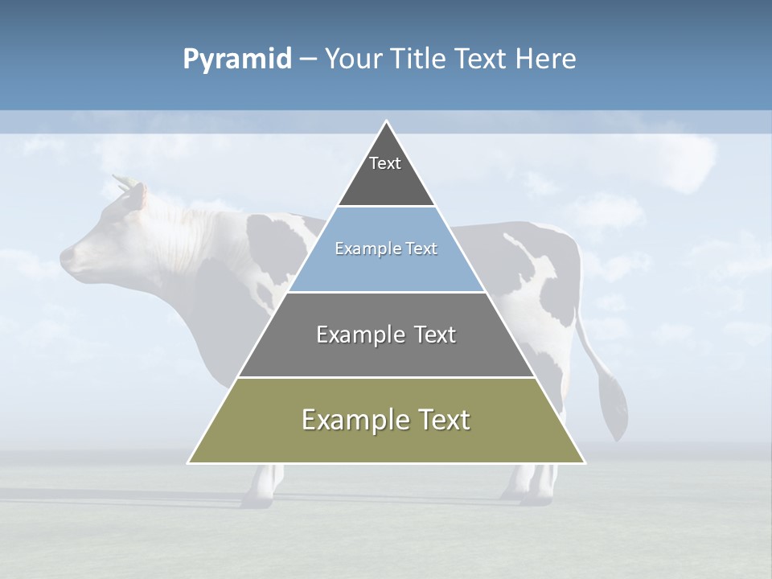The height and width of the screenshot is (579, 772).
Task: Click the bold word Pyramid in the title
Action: click(237, 60)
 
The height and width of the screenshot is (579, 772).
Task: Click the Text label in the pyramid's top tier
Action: click(385, 163)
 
